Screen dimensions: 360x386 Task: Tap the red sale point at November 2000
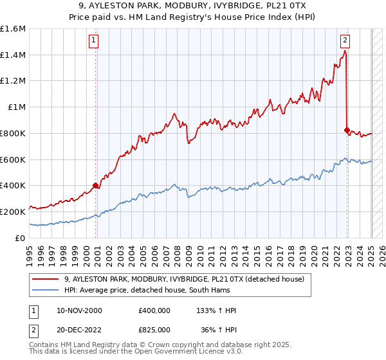coord(95,185)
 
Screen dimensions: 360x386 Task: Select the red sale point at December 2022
coord(347,130)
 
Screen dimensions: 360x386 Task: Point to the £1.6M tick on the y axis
coord(13,29)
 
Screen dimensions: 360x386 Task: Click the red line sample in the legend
coord(46,278)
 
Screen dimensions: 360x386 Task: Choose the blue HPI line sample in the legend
coord(46,290)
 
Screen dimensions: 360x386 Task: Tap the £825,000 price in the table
coord(154,328)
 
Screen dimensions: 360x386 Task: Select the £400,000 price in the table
coord(154,310)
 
